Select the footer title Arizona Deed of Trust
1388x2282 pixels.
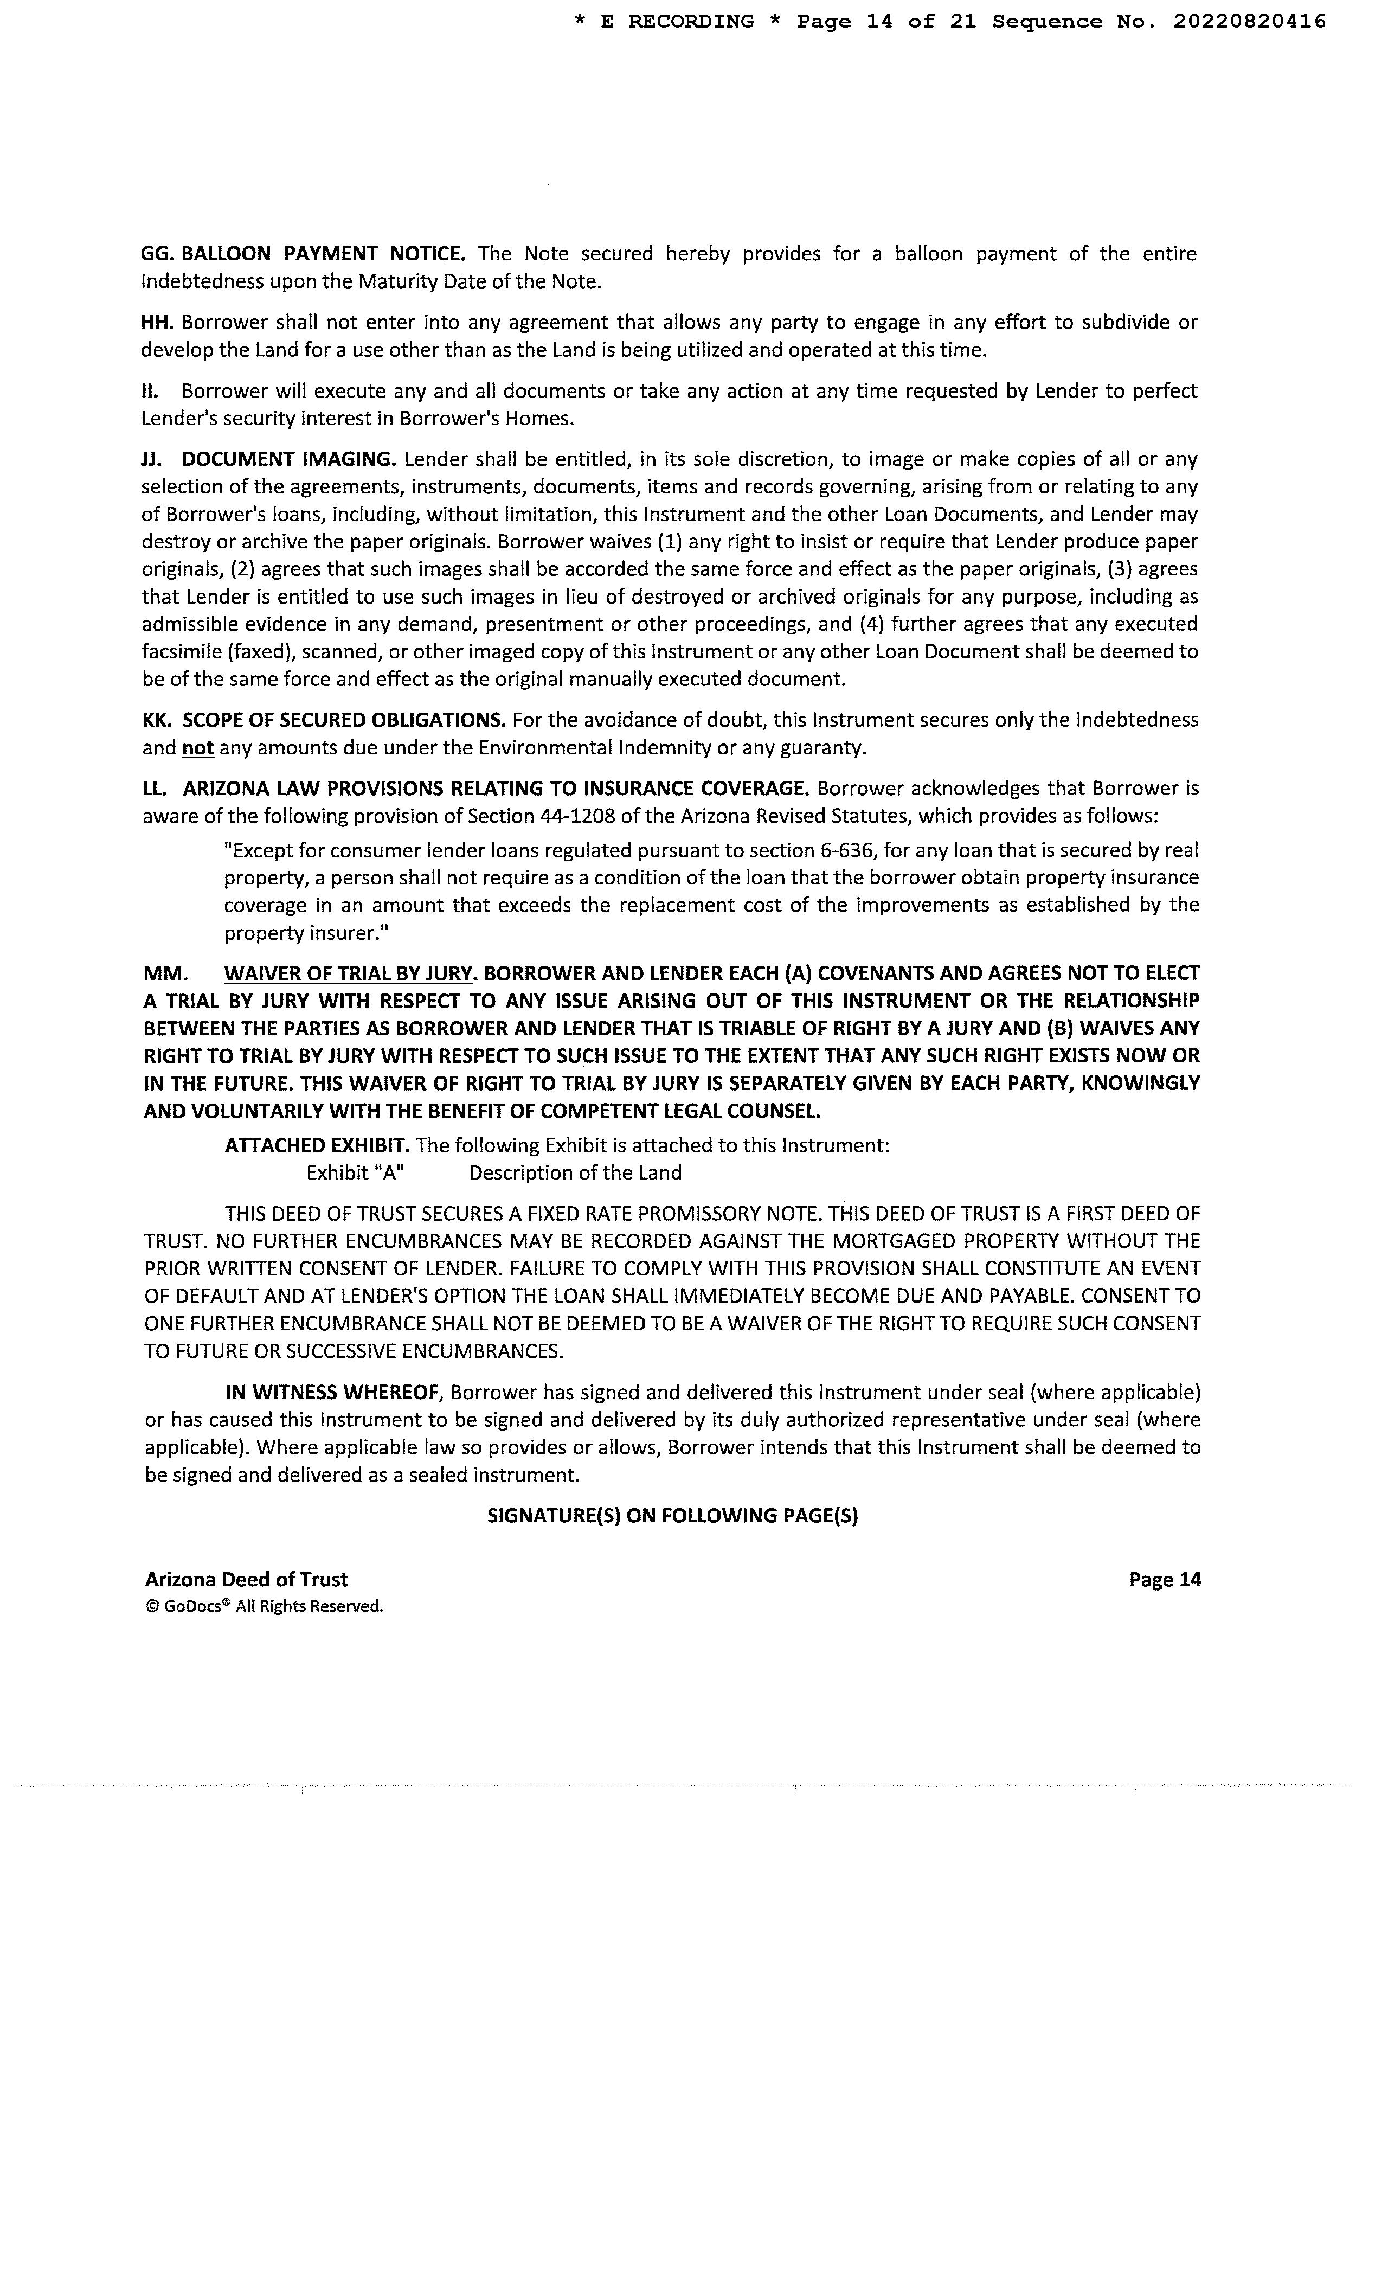click(x=246, y=1579)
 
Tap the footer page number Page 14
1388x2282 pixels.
click(x=1164, y=1579)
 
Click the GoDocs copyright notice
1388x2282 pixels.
click(x=265, y=1606)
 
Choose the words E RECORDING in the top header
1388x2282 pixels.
click(x=677, y=21)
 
